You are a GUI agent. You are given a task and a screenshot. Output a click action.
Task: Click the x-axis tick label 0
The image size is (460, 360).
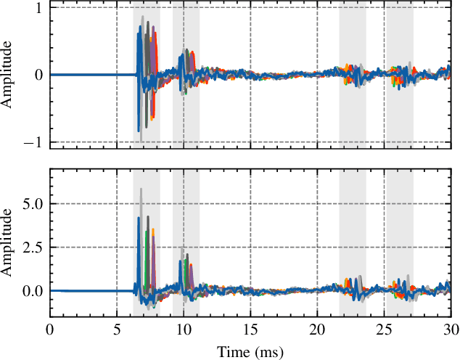49,331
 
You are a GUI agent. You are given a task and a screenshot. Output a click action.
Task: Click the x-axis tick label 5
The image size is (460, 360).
117,331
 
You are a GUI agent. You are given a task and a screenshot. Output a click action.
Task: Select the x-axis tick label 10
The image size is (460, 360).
184,331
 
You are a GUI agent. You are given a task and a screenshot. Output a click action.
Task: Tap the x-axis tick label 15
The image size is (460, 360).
250,331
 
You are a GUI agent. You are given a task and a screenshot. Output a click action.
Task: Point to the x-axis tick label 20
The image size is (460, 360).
317,331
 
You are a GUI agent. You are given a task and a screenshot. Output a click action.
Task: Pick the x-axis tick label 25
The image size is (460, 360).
385,331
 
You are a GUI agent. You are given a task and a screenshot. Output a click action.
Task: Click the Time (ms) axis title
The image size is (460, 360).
250,351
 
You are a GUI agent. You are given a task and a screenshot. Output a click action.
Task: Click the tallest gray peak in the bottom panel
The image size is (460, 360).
141,190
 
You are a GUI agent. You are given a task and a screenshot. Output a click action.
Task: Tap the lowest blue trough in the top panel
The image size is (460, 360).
139,131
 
